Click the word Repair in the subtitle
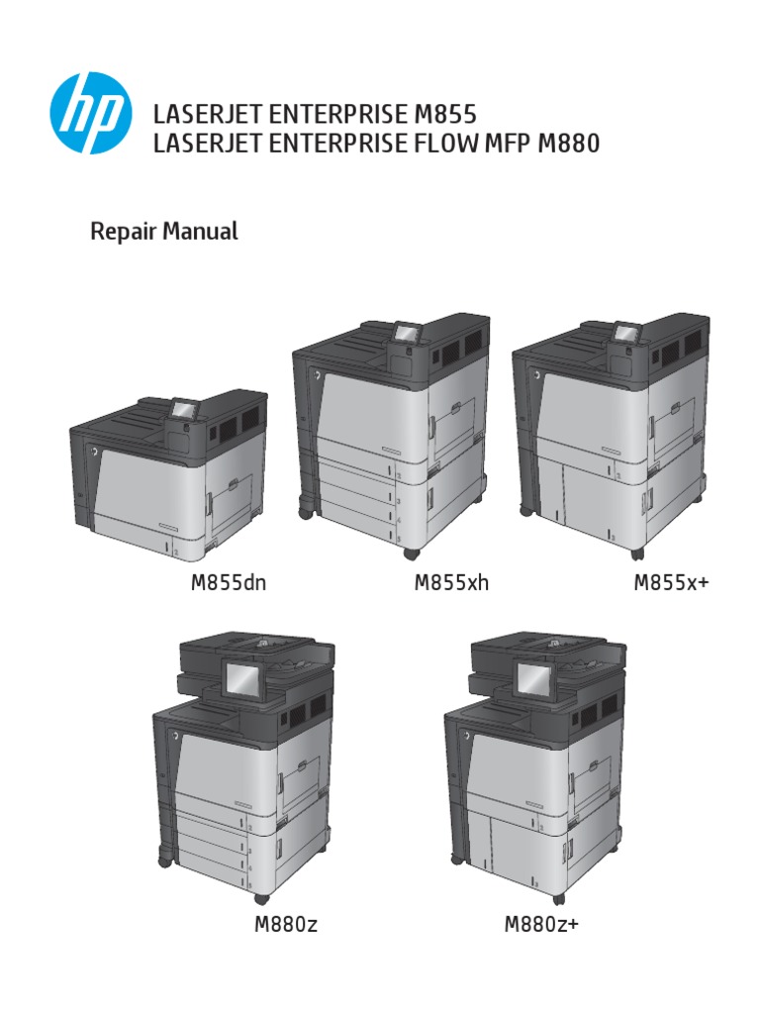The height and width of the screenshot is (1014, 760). (x=120, y=233)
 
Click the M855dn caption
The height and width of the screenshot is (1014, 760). (x=229, y=583)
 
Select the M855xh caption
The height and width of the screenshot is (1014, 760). (x=451, y=583)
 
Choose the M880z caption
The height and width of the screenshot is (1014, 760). (x=285, y=926)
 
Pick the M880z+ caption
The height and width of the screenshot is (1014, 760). (x=541, y=926)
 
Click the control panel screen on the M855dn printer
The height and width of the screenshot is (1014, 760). (x=184, y=407)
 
